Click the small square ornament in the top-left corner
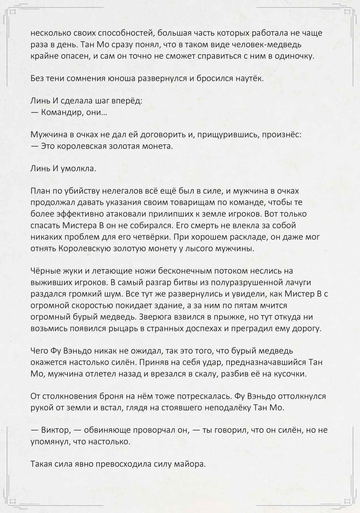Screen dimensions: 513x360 click(13, 12)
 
